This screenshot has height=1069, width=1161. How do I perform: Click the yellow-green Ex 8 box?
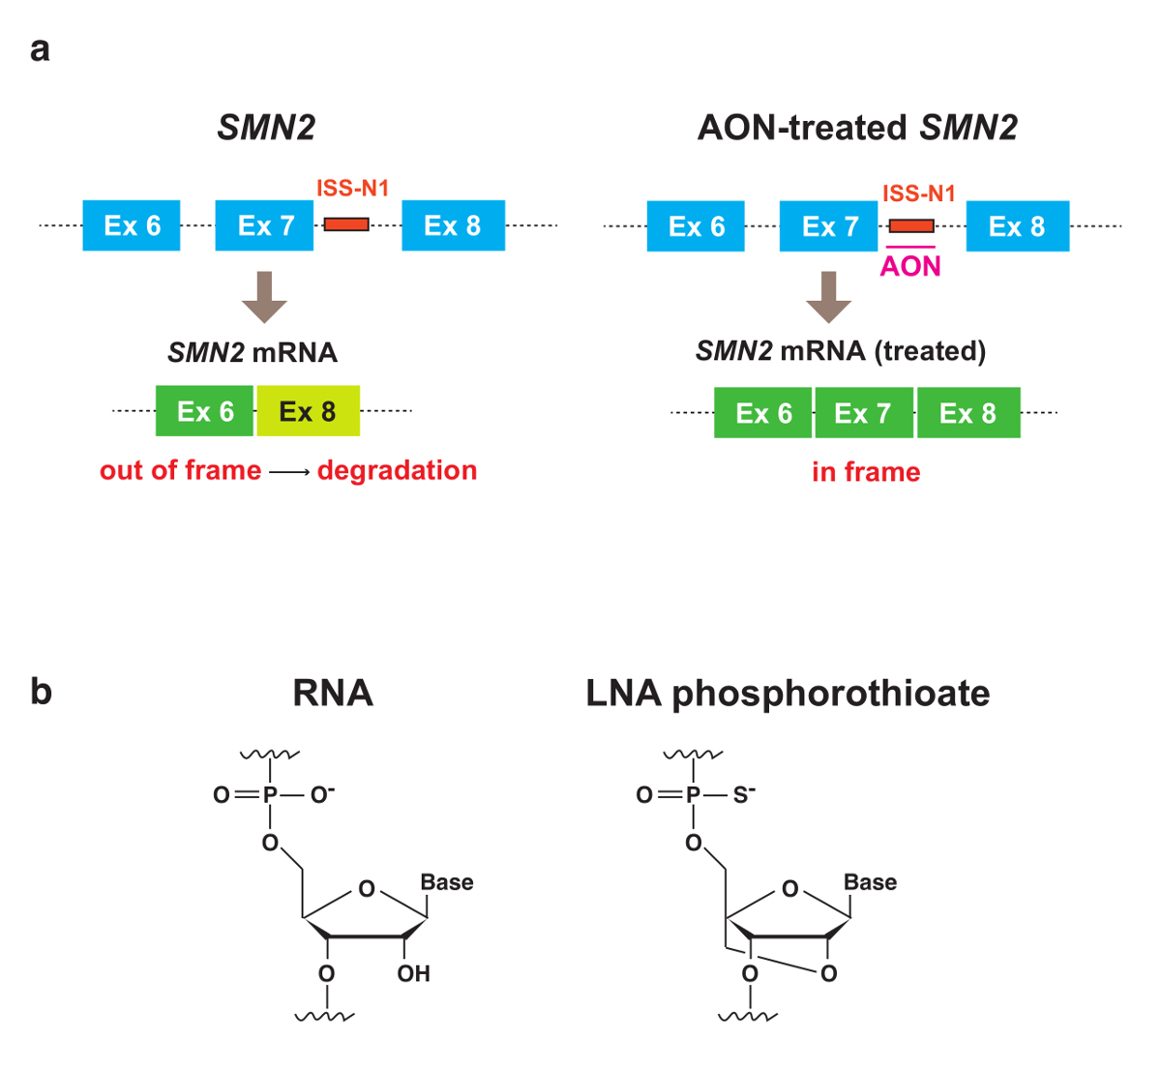309,411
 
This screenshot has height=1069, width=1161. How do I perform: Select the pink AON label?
910,267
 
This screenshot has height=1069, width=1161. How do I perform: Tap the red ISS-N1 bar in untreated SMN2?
346,224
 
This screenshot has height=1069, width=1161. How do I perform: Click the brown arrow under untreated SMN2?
264,297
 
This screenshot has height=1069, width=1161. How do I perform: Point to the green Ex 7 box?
864,413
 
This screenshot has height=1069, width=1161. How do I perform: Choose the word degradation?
397,470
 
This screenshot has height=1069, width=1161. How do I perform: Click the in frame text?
866,472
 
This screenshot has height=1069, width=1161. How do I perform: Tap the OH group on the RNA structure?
413,973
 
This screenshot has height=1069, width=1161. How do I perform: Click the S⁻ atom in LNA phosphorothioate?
743,794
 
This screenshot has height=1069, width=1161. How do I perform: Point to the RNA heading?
333,693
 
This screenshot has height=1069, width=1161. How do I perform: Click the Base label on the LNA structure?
870,882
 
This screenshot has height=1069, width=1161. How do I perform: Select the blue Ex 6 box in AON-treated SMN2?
696,225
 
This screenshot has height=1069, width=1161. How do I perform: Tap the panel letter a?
40,49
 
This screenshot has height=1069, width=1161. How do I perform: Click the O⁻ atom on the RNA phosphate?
322,794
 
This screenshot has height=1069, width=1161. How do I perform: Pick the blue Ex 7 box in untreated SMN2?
264,225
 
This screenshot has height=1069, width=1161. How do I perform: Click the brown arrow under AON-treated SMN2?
829,297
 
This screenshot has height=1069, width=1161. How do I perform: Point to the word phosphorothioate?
831,694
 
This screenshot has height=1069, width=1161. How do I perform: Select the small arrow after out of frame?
290,472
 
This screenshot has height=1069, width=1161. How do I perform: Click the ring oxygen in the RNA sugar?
367,888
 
